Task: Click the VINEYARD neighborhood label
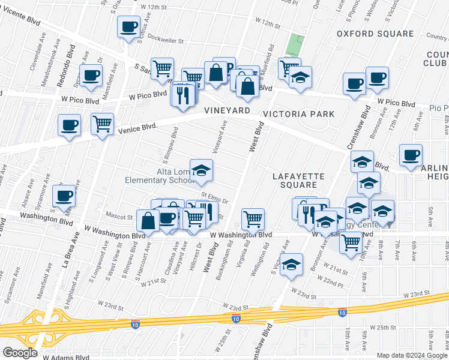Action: pos(226,111)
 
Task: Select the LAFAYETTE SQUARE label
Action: pos(298,181)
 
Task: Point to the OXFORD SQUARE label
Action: pos(375,34)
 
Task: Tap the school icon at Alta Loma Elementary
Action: pos(202,170)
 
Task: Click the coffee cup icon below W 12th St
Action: pos(128,26)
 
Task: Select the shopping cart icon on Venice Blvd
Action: pos(103,124)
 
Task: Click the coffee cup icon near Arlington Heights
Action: pos(411,155)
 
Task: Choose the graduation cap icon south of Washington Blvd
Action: pos(291,263)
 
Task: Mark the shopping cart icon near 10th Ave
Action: pos(351,242)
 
